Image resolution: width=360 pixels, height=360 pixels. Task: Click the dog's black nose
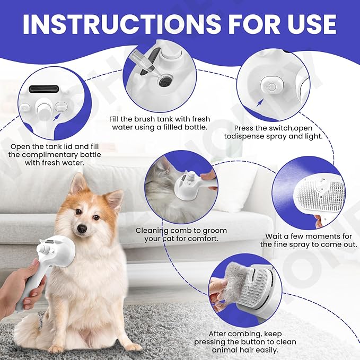pyautogui.click(x=82, y=229)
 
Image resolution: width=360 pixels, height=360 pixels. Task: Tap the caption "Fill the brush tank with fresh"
pyautogui.click(x=167, y=118)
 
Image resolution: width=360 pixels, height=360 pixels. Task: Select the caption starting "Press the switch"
pyautogui.click(x=278, y=128)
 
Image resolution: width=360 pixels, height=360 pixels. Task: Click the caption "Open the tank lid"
pyautogui.click(x=55, y=146)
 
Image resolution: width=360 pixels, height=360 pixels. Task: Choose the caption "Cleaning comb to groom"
pyautogui.click(x=181, y=231)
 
